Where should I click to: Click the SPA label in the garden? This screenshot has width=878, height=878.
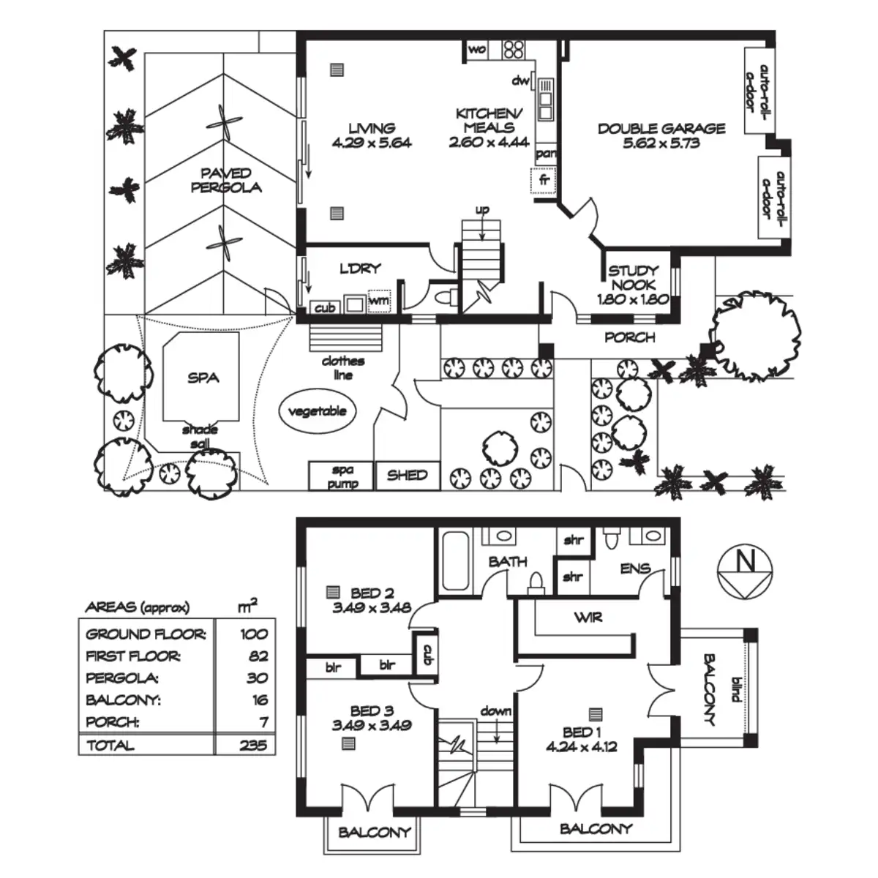pos(203,378)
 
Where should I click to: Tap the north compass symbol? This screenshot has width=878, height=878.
pos(745,571)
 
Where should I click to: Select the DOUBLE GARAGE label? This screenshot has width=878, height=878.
pos(661,129)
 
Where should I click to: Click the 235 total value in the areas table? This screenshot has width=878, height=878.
pos(253,745)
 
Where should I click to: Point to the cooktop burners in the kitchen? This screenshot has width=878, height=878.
pos(514,49)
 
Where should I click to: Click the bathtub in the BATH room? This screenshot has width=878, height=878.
pos(456,560)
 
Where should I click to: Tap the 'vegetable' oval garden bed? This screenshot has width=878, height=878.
pos(318,411)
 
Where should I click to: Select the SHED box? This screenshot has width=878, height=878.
pos(408,476)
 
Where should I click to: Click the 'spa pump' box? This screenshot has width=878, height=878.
pos(341,476)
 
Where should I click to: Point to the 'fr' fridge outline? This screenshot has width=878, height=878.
pos(544,181)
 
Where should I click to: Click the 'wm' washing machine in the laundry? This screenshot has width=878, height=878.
pos(379,301)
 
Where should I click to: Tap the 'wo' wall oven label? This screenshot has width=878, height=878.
pos(476,49)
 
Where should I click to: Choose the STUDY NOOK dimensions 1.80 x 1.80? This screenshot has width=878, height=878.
pos(634,299)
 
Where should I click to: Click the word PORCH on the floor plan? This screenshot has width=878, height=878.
pos(630,337)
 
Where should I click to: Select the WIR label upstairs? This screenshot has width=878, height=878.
pos(588,618)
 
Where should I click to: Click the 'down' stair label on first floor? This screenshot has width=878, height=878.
pos(496,711)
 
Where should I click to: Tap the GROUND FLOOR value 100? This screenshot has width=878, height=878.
pos(254,634)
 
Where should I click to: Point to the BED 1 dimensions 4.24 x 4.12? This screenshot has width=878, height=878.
pos(582,747)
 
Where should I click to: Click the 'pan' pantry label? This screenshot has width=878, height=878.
pos(546,154)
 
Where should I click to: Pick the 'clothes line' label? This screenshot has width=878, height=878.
pos(343,368)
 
